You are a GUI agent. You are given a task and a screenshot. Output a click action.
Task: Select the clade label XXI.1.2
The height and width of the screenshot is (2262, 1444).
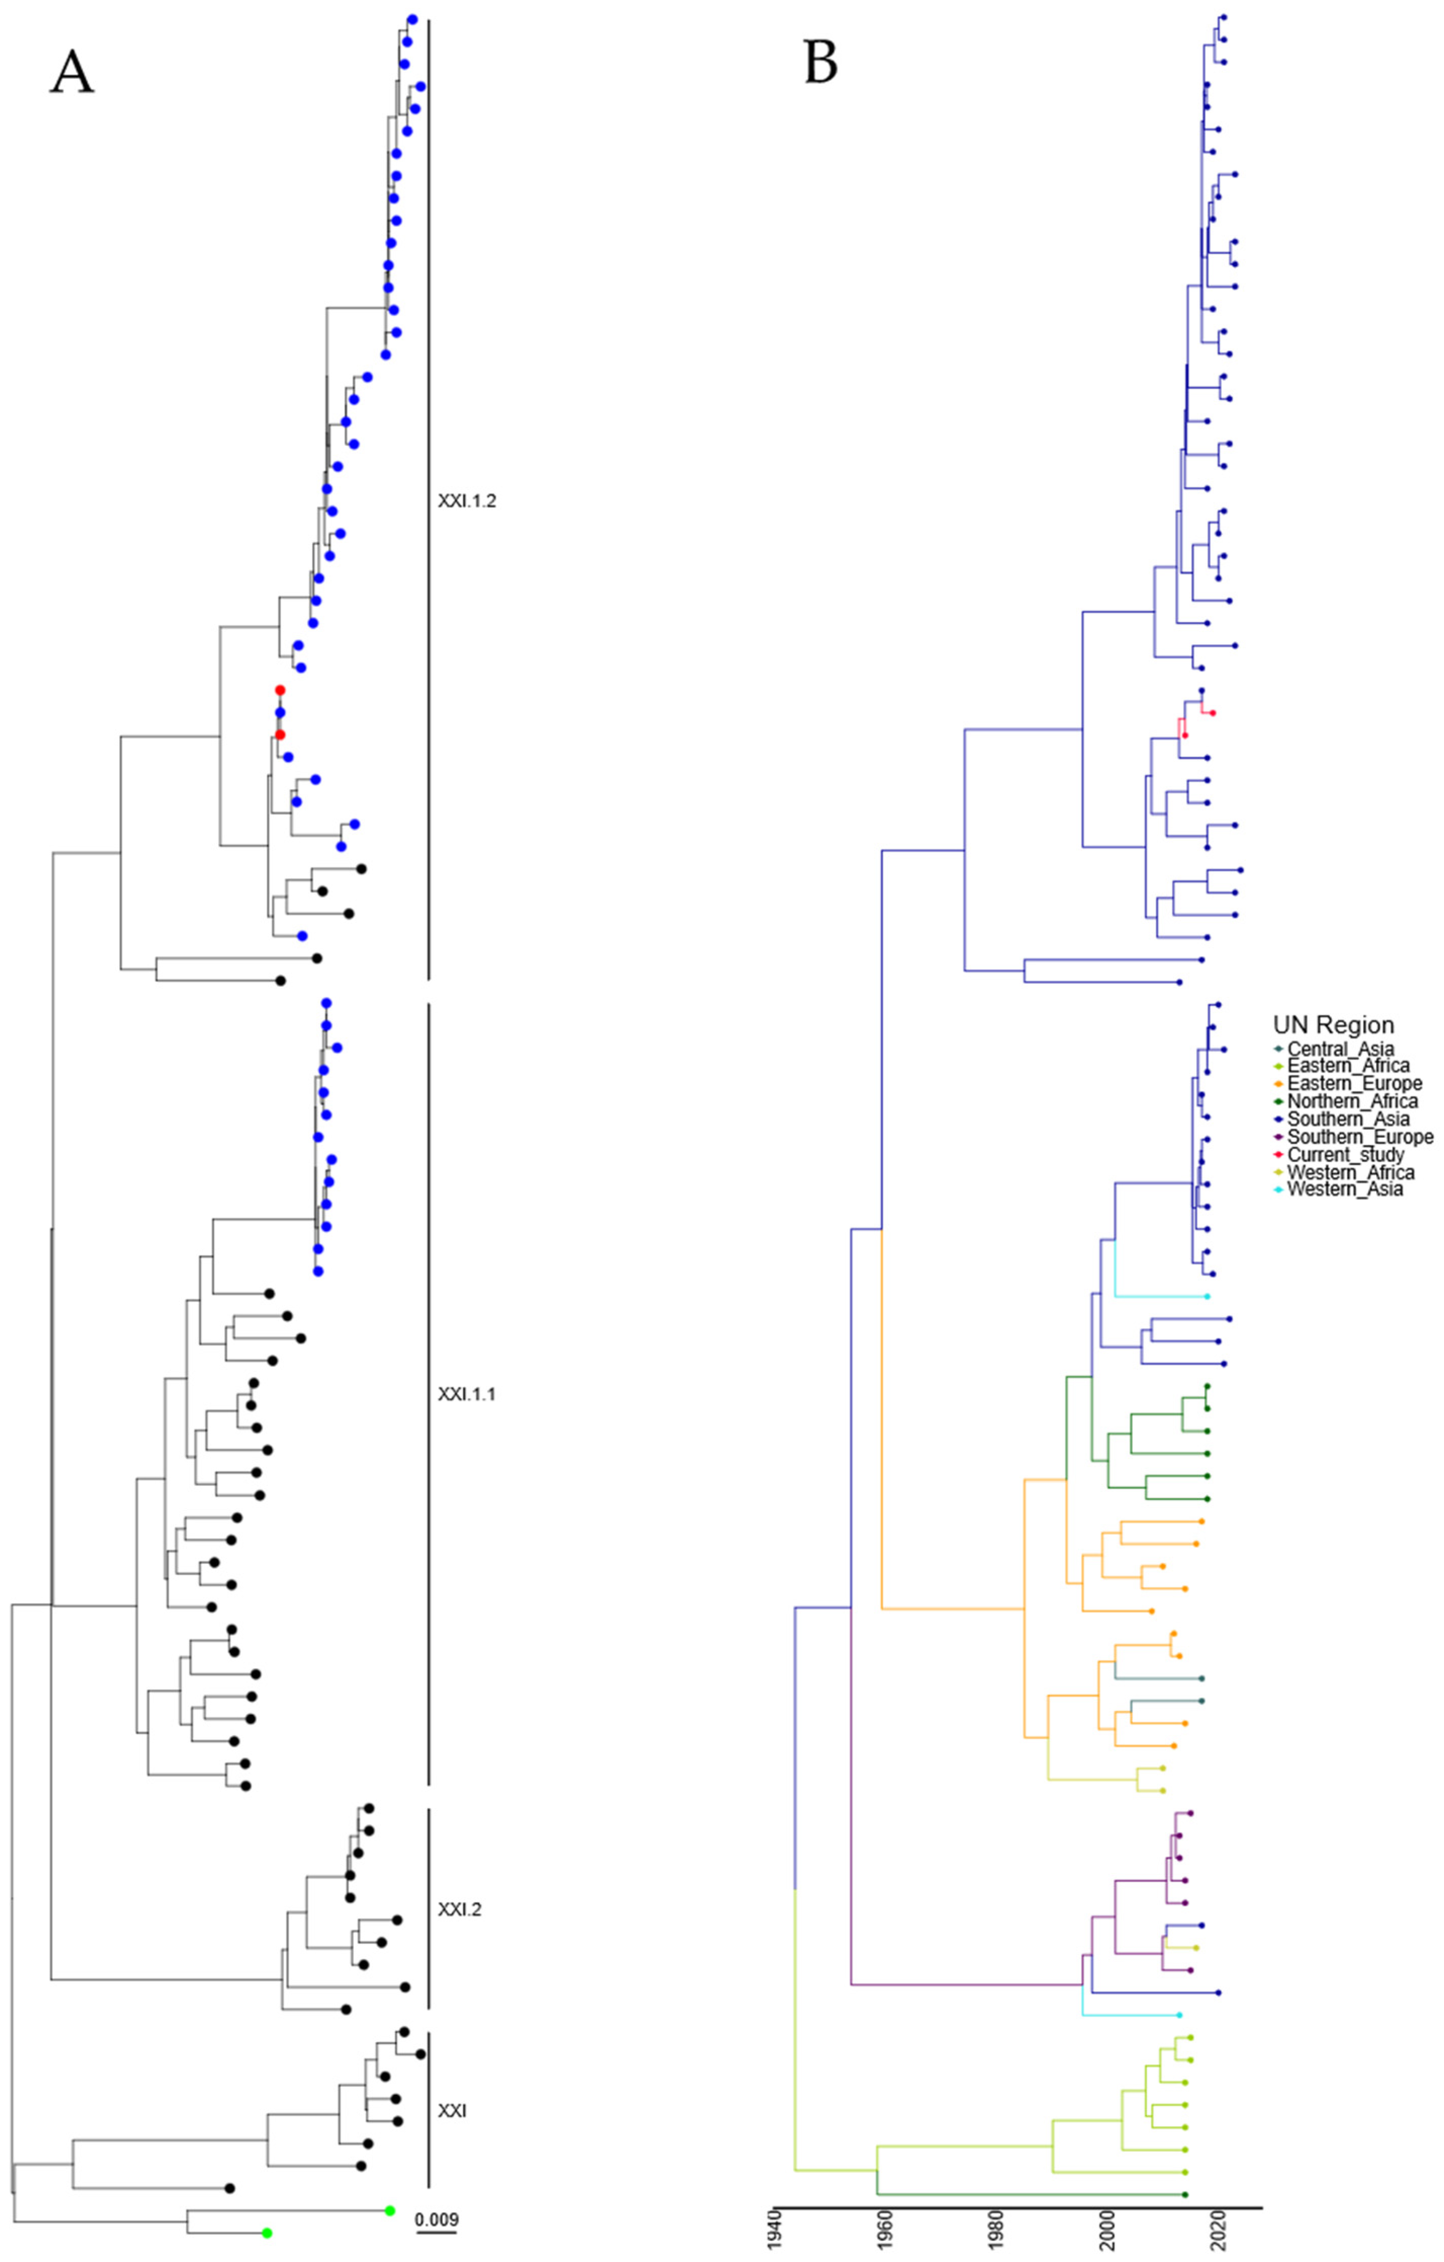467,501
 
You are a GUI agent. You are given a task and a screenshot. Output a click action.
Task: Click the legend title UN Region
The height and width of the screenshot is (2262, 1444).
1333,1025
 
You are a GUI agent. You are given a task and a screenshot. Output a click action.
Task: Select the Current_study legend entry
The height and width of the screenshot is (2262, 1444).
1346,1154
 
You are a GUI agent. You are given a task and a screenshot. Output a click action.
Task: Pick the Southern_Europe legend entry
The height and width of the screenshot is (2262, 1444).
1360,1137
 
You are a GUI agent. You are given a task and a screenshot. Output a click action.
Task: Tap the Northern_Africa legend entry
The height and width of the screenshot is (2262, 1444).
1352,1101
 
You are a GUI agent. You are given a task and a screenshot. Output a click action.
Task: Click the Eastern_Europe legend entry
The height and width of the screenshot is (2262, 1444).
1354,1083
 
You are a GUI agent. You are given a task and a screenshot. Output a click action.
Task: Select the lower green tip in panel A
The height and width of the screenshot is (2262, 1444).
267,2233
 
